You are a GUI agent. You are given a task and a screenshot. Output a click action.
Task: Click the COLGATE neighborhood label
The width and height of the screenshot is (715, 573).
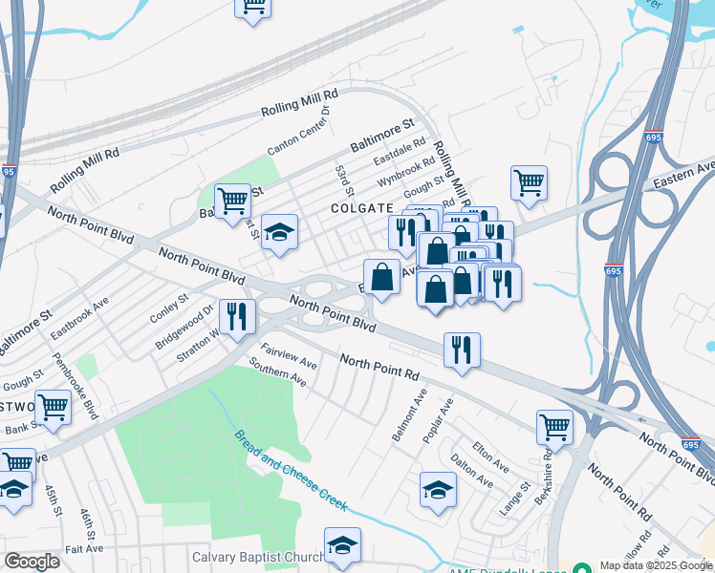click(x=362, y=207)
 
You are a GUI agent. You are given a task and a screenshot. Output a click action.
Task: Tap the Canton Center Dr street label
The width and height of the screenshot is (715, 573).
click(x=298, y=131)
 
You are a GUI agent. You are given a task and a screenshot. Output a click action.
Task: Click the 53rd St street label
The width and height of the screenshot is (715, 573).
click(x=344, y=177)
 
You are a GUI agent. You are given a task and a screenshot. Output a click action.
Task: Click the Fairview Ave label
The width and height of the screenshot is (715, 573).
click(x=289, y=357)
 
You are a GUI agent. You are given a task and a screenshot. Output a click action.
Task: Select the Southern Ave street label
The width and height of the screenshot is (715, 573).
click(x=277, y=372)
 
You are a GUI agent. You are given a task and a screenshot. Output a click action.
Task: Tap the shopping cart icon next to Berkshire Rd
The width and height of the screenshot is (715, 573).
click(x=554, y=427)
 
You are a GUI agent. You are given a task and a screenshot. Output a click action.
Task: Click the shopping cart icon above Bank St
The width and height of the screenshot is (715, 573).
click(x=53, y=407)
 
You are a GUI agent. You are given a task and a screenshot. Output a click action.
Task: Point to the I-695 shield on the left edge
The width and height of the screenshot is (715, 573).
click(x=9, y=172)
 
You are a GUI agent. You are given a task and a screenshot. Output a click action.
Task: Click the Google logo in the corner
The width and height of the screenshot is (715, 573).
click(x=32, y=561)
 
